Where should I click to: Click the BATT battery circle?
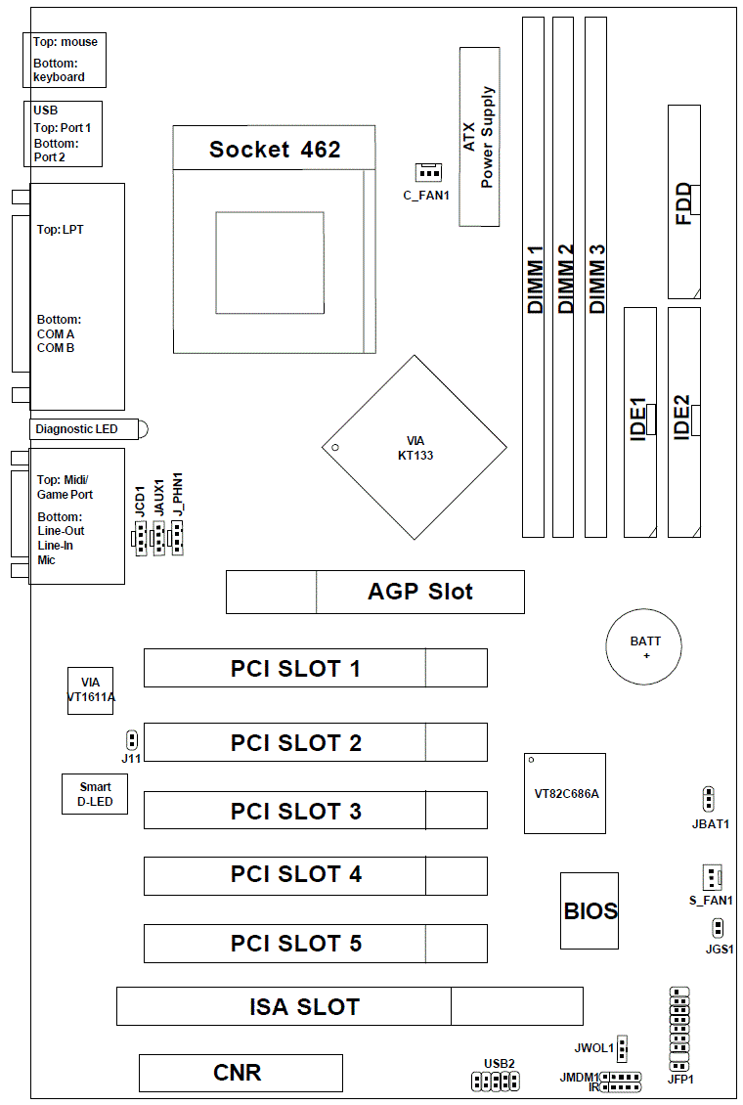click(x=645, y=648)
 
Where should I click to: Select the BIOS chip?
click(x=590, y=911)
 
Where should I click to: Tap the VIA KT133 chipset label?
click(x=415, y=448)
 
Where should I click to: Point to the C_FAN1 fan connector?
click(x=427, y=173)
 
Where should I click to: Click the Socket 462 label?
click(x=275, y=149)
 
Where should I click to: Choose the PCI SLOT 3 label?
click(x=295, y=811)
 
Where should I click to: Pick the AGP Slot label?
click(x=420, y=592)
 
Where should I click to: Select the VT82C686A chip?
click(x=565, y=793)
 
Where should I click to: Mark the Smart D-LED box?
click(x=94, y=794)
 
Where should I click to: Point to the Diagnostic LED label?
click(x=76, y=428)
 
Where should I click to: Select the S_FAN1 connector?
click(x=712, y=876)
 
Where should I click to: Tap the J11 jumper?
click(x=132, y=740)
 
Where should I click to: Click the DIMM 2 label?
click(x=564, y=279)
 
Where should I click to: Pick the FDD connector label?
click(x=683, y=203)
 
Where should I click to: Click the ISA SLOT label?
click(x=304, y=1006)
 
